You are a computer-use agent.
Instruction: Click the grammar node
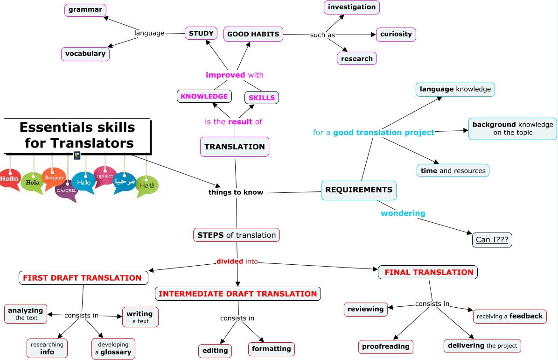click(85, 10)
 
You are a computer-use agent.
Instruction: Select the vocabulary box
click(85, 54)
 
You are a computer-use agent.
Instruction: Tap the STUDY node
click(201, 34)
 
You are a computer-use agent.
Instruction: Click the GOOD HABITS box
click(253, 34)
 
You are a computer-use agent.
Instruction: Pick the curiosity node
click(396, 34)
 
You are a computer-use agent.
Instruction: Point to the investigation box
click(351, 7)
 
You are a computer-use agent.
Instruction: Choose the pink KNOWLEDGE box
click(204, 96)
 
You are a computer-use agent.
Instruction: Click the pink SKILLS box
click(261, 98)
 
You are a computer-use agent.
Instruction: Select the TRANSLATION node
click(235, 147)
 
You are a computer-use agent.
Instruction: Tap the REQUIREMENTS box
click(359, 190)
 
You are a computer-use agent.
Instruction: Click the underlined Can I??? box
click(492, 240)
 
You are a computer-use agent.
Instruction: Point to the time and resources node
click(453, 170)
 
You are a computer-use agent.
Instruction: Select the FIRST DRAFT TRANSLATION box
click(83, 278)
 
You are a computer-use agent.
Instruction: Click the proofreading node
click(386, 346)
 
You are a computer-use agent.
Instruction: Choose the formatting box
click(271, 349)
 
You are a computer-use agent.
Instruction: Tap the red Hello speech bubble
click(9, 179)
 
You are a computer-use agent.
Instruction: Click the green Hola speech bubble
click(32, 183)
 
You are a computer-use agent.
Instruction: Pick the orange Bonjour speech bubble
click(54, 178)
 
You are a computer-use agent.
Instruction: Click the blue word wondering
click(403, 213)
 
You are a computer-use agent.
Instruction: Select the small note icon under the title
click(77, 155)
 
